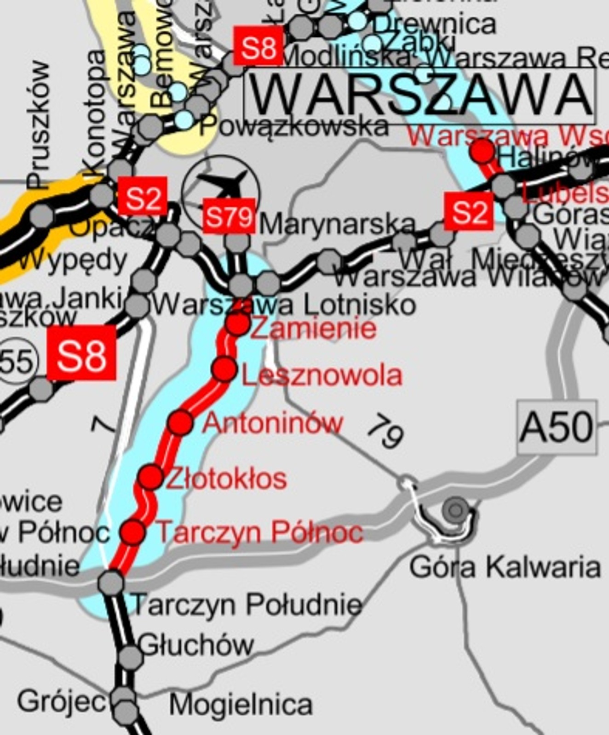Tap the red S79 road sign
229,216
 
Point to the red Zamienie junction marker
238,324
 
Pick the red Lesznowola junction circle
224,369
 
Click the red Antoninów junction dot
180,423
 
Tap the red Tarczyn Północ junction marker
133,532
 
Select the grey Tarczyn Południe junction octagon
111,582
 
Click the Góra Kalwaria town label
505,567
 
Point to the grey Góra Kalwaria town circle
456,509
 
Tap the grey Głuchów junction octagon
130,656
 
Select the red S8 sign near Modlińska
258,46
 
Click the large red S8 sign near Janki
81,353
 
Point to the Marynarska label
337,225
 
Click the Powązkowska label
293,125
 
